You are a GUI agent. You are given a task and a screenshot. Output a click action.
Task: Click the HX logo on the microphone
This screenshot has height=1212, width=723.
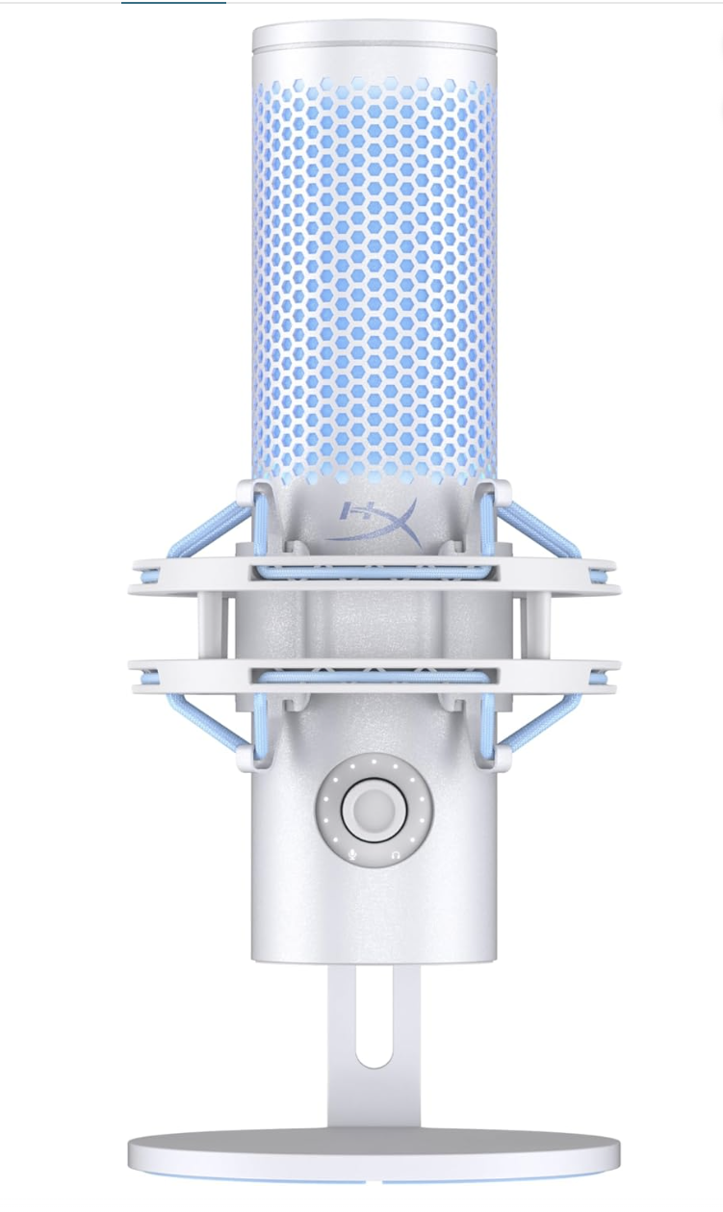point(374,521)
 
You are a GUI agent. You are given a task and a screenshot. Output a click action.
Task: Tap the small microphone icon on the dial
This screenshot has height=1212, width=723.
point(352,854)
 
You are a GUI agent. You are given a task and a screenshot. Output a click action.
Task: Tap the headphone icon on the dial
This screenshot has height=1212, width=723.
point(396,855)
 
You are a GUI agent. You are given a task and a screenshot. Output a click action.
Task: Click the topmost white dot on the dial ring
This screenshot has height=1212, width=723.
point(374,761)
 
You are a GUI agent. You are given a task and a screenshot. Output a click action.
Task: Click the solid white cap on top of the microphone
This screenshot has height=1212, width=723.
point(374,50)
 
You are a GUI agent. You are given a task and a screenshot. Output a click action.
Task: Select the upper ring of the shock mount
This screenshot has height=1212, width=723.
point(374,577)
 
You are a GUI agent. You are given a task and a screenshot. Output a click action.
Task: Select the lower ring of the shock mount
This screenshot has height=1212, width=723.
point(374,676)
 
